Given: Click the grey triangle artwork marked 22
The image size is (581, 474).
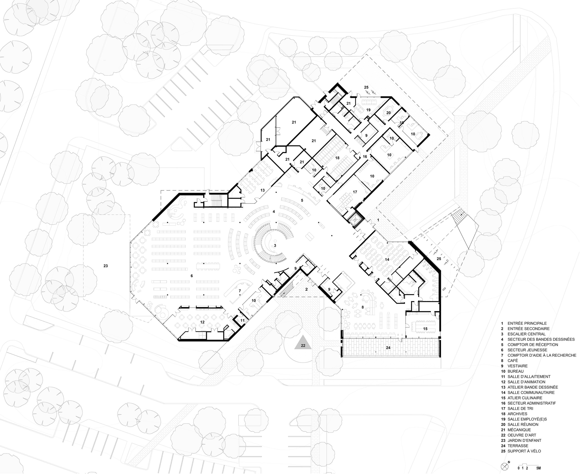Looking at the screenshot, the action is tap(303, 344).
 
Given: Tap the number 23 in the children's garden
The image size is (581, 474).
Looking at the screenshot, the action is tap(106, 266).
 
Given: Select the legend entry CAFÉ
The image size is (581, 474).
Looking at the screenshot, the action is tap(512, 360).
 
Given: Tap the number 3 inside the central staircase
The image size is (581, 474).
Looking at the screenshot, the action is tap(275, 246).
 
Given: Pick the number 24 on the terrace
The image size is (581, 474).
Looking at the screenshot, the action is tap(388, 348).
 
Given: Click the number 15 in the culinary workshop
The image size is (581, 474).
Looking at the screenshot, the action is tap(425, 329).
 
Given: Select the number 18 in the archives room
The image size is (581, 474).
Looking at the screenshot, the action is tap(337, 158).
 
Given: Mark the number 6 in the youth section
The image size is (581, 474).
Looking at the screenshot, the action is tap(192, 276).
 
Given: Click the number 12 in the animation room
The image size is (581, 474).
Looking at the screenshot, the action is tap(202, 322).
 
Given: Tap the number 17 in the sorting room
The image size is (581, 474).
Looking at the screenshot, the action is tap(355, 192).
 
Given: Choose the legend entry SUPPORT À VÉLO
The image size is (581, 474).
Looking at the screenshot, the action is tap(524, 451).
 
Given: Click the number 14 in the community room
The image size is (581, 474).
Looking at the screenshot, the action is tap(387, 260).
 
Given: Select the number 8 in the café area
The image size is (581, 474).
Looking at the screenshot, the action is tap(363, 307).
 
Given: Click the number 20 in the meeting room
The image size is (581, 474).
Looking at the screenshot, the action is tap(388, 113).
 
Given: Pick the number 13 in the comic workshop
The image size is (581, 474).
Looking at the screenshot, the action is tap(262, 190).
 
